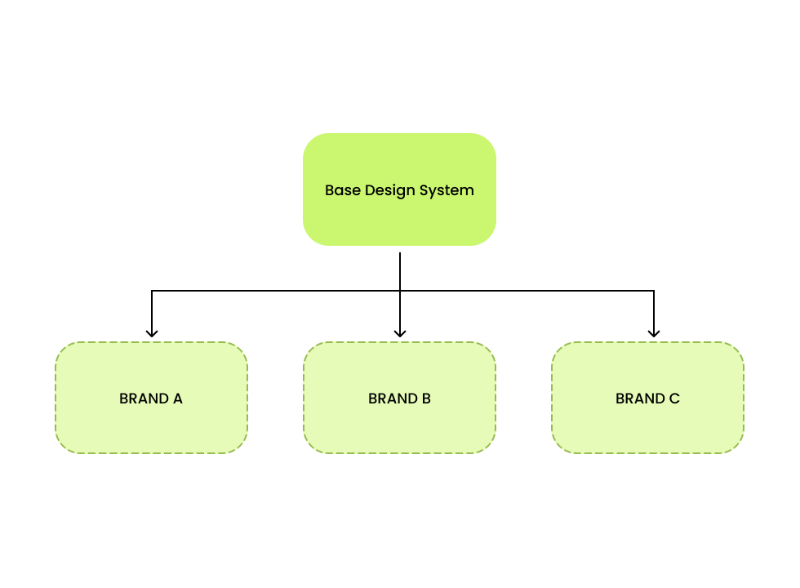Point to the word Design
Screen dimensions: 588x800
click(x=389, y=190)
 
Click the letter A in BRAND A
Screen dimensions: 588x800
click(x=177, y=399)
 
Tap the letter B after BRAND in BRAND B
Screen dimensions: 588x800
click(x=425, y=399)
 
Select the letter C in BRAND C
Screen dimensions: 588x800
click(x=673, y=399)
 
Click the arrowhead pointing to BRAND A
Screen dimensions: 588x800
click(x=151, y=333)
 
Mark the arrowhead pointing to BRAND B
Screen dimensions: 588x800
click(x=400, y=333)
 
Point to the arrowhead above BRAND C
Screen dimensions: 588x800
click(x=654, y=333)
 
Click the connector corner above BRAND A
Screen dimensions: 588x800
click(x=152, y=291)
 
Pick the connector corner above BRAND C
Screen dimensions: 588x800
click(x=654, y=291)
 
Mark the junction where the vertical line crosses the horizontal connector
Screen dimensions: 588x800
click(x=400, y=291)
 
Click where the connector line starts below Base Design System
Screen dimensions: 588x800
click(x=400, y=254)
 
